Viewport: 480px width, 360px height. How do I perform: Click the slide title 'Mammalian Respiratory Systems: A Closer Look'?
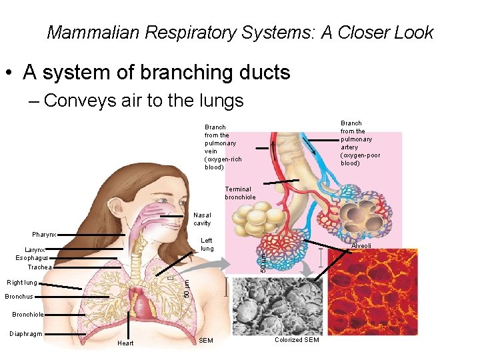(240, 32)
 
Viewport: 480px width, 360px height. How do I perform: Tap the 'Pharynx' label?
(44, 235)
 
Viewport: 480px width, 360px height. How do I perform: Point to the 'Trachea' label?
(39, 267)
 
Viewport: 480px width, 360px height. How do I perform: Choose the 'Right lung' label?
(23, 283)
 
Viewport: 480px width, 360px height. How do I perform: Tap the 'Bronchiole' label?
(28, 314)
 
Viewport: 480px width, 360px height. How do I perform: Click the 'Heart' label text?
(125, 343)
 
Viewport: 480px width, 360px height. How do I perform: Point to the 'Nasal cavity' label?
(202, 219)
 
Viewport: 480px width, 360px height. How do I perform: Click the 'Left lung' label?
(207, 245)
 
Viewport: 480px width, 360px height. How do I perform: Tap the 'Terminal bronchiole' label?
(240, 193)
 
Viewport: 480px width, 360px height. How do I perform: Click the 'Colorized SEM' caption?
(297, 341)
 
